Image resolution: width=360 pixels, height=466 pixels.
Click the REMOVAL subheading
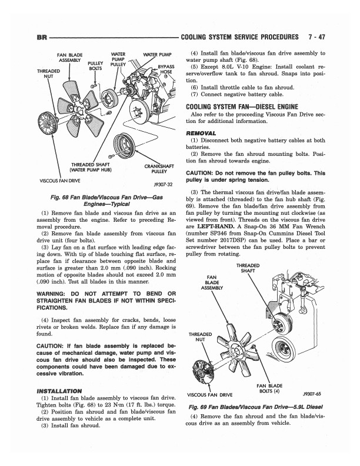(x=202, y=133)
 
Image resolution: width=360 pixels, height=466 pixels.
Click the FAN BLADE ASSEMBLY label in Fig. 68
(x=69, y=60)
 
